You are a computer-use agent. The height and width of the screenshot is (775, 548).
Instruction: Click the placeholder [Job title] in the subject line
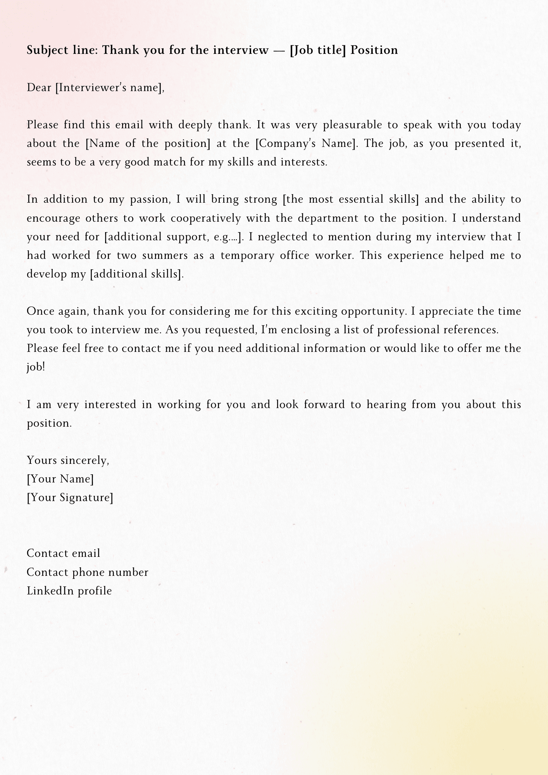coord(317,50)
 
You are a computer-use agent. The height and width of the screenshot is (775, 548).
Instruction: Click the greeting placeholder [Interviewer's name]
coord(108,88)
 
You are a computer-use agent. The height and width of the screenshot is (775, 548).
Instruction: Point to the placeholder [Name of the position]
coord(148,144)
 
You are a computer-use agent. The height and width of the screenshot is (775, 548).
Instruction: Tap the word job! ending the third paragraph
coord(36,367)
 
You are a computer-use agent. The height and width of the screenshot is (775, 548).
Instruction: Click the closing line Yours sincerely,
coord(68,460)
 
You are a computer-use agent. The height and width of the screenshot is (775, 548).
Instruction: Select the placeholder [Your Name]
coord(60,479)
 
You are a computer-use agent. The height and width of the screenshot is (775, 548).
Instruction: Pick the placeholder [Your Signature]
coord(70,498)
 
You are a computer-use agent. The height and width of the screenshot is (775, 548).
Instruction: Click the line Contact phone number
coord(87,572)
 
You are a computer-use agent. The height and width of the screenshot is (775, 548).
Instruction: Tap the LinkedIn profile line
coord(69,591)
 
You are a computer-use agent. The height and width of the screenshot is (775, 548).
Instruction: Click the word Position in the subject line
coord(374,50)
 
